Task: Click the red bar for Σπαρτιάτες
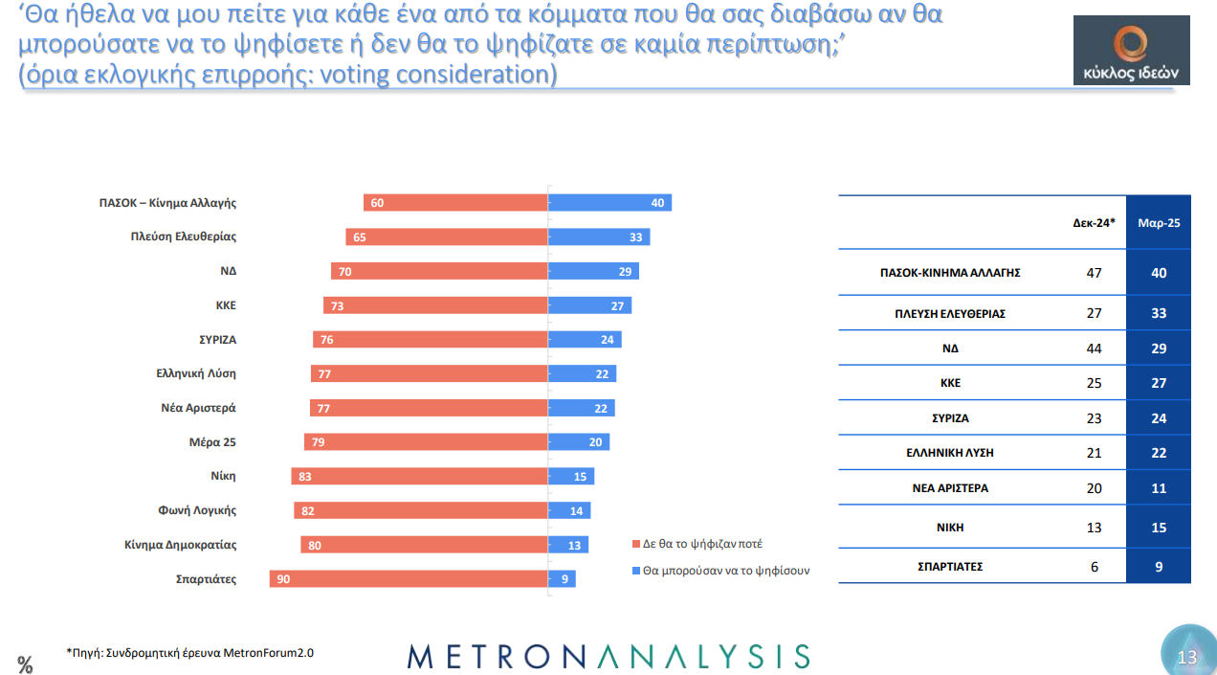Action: tap(409, 578)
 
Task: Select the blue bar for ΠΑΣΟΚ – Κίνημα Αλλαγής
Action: tap(609, 203)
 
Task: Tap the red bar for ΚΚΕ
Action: tap(435, 305)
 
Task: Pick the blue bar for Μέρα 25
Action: tap(578, 441)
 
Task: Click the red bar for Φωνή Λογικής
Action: tap(421, 510)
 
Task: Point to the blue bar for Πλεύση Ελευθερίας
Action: tap(599, 236)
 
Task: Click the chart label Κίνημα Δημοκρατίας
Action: tap(180, 545)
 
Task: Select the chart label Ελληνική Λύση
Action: tap(195, 373)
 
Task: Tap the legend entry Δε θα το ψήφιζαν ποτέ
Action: tap(702, 544)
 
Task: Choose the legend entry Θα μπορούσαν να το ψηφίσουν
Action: tap(726, 570)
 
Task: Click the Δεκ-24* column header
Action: tap(1094, 222)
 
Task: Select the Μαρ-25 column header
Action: tap(1158, 222)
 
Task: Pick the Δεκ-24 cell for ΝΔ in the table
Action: tap(1094, 349)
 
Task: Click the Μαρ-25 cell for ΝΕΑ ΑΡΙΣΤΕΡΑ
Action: tap(1158, 487)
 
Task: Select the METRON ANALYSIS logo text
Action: tap(608, 656)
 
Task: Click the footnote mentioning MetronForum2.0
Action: tap(189, 653)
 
